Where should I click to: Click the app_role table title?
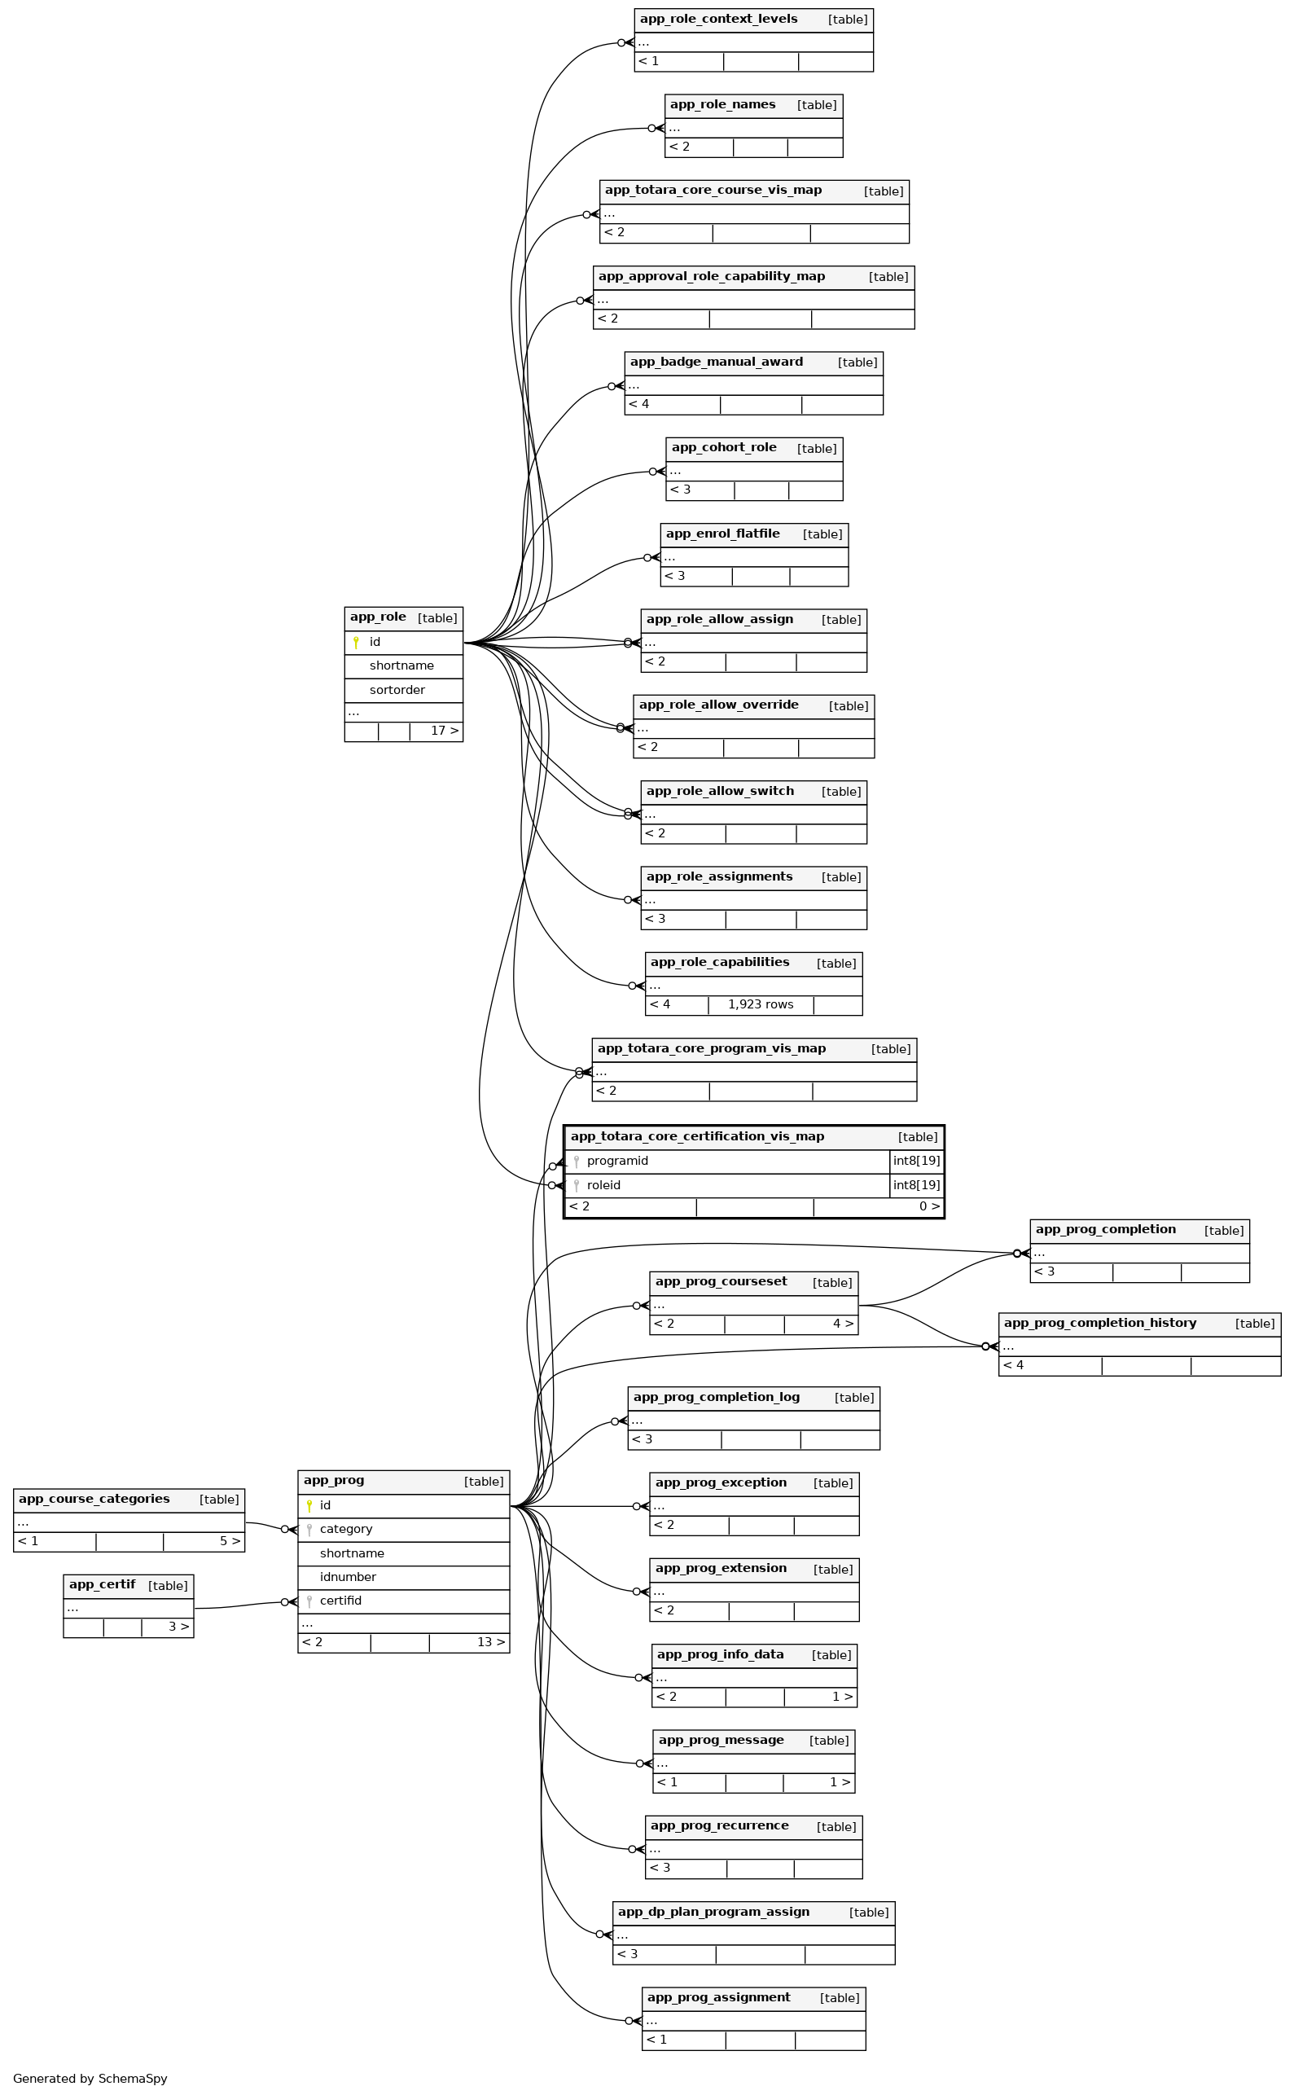click(377, 617)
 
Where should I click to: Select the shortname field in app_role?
click(401, 665)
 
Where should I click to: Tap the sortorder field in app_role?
click(397, 690)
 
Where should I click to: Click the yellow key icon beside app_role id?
click(356, 642)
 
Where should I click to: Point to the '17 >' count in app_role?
click(444, 731)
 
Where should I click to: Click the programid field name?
click(617, 1161)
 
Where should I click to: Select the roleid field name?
click(603, 1185)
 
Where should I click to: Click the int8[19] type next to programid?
click(915, 1161)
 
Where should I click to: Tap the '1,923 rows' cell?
click(760, 1004)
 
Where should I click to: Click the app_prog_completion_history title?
click(1099, 1323)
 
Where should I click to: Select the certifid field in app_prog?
click(340, 1601)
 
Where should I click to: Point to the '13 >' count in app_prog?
click(490, 1642)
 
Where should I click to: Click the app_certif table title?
click(102, 1585)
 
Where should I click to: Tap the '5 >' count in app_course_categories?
click(230, 1541)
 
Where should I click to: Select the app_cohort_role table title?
click(724, 447)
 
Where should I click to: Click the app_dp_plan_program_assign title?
click(713, 1912)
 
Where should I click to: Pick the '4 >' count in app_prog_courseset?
click(843, 1324)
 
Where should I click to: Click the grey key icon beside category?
click(309, 1530)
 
